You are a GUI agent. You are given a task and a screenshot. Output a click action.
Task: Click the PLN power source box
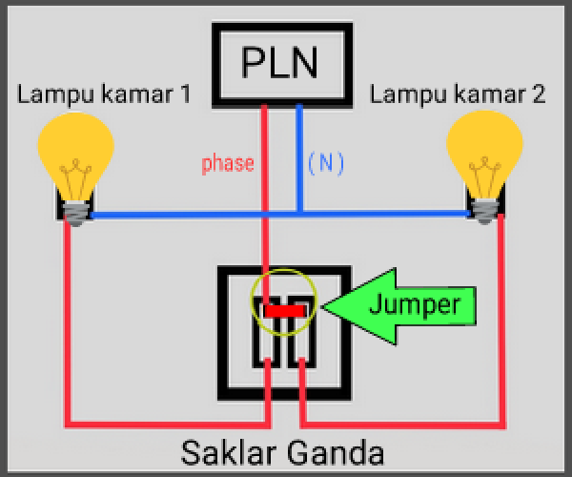tap(279, 64)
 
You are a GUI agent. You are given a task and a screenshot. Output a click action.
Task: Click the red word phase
tap(228, 163)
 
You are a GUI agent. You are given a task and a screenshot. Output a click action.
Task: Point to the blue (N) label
tap(325, 163)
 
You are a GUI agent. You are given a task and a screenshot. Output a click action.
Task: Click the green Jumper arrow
tap(391, 305)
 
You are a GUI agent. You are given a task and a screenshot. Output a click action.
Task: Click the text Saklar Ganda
tap(282, 450)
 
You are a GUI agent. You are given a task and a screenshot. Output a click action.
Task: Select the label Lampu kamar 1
tap(104, 94)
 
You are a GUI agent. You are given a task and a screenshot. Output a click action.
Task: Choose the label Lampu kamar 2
tap(458, 94)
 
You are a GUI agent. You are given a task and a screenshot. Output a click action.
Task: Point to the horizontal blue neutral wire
tap(191, 216)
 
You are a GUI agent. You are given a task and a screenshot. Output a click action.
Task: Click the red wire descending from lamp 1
tap(68, 324)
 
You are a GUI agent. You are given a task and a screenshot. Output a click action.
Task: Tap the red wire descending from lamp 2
tap(501, 324)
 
